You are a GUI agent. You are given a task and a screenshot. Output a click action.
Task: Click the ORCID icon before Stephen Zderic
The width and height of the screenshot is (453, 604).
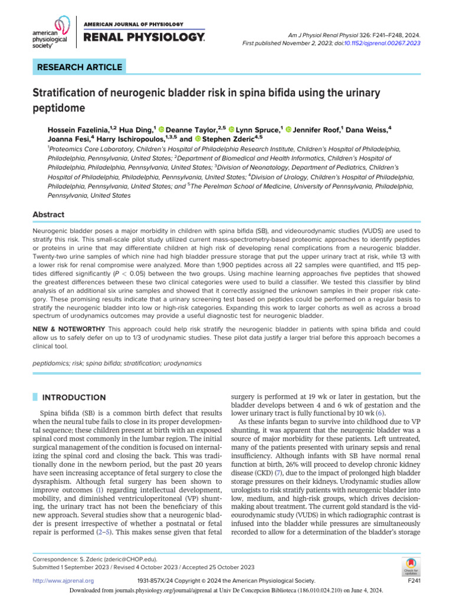(x=199, y=139)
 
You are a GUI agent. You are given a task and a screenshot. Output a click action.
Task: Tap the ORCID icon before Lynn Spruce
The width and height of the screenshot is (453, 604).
(x=232, y=129)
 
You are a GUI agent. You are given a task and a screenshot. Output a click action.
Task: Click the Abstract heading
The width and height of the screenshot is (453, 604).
(x=48, y=215)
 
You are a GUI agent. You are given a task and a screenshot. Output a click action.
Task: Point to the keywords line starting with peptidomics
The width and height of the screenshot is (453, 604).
(x=117, y=363)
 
